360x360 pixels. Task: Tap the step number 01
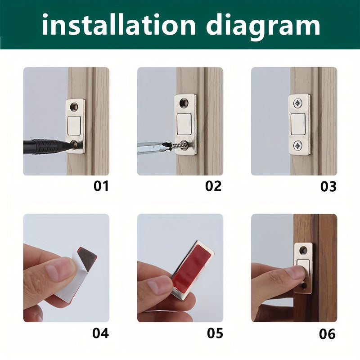pos(101,186)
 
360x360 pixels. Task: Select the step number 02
pos(213,186)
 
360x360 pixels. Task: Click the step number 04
pos(100,333)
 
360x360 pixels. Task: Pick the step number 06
pos(327,334)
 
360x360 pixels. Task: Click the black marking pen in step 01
pos(45,146)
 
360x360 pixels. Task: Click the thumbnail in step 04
pos(58,270)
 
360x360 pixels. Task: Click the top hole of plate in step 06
pos(303,250)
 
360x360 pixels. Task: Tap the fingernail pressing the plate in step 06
pos(297,272)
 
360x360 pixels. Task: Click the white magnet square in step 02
pos(185,124)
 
